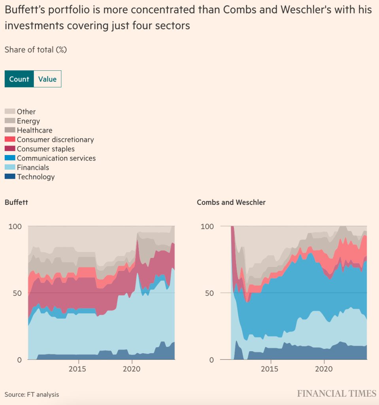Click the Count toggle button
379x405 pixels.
tap(19, 79)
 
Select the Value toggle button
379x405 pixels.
tap(47, 79)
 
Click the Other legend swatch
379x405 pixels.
tap(10, 112)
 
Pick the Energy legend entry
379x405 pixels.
tap(28, 121)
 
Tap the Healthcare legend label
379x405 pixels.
tap(34, 130)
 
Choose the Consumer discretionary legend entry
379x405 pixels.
tap(55, 140)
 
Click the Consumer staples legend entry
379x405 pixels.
tap(45, 149)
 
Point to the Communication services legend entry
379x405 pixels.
tap(56, 158)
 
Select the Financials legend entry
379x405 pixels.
tap(33, 167)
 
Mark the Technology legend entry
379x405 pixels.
tap(36, 177)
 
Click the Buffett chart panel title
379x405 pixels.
tap(16, 202)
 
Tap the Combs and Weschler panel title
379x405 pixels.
tap(231, 202)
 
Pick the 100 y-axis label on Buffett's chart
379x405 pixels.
tap(15, 227)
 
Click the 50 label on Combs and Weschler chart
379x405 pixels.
tap(209, 293)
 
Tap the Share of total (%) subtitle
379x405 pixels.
tap(36, 50)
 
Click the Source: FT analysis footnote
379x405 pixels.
tap(32, 394)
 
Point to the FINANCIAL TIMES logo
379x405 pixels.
tap(337, 394)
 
